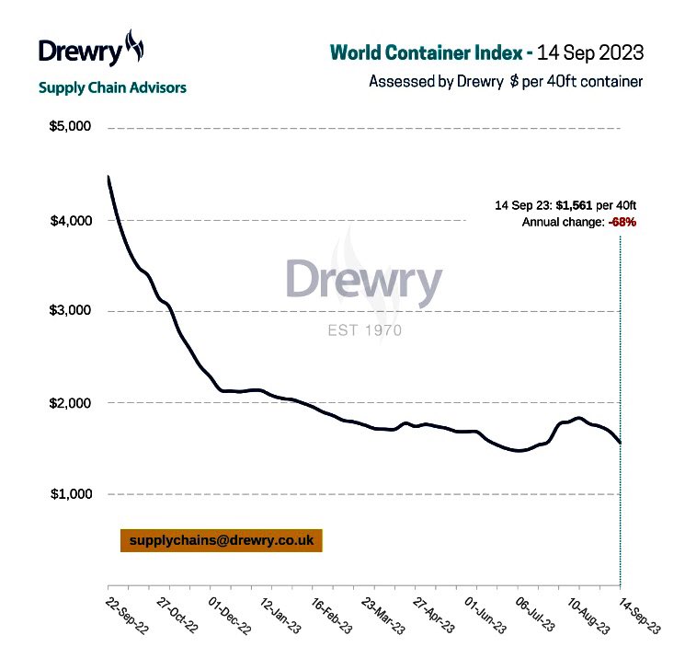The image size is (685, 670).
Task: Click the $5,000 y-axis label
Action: [x=70, y=126]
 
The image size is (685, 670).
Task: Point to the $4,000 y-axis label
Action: [x=71, y=221]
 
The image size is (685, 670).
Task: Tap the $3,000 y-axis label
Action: [x=70, y=310]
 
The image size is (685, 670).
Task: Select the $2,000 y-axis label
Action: [x=70, y=403]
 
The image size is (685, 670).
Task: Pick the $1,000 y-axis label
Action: [x=71, y=494]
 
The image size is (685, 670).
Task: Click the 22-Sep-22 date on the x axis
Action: [x=127, y=616]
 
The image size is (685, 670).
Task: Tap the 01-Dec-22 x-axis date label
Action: [x=230, y=616]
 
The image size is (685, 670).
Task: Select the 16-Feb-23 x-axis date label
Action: [x=332, y=616]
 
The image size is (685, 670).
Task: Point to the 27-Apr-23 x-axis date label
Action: [x=434, y=616]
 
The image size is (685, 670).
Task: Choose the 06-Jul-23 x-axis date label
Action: [x=535, y=615]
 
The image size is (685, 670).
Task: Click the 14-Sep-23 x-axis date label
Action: [x=640, y=616]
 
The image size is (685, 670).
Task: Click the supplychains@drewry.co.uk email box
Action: [x=222, y=540]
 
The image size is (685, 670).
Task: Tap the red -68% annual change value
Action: [x=622, y=222]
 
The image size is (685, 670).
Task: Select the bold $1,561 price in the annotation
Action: [x=574, y=205]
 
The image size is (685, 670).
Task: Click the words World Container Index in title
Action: [x=427, y=52]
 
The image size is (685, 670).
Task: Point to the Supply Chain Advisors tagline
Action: [x=112, y=88]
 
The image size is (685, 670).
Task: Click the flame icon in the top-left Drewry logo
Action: [x=134, y=45]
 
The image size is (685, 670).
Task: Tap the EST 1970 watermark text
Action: [x=365, y=330]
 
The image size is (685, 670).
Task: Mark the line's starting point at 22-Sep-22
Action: [x=108, y=177]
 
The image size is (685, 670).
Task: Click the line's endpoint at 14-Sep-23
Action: [x=621, y=443]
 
